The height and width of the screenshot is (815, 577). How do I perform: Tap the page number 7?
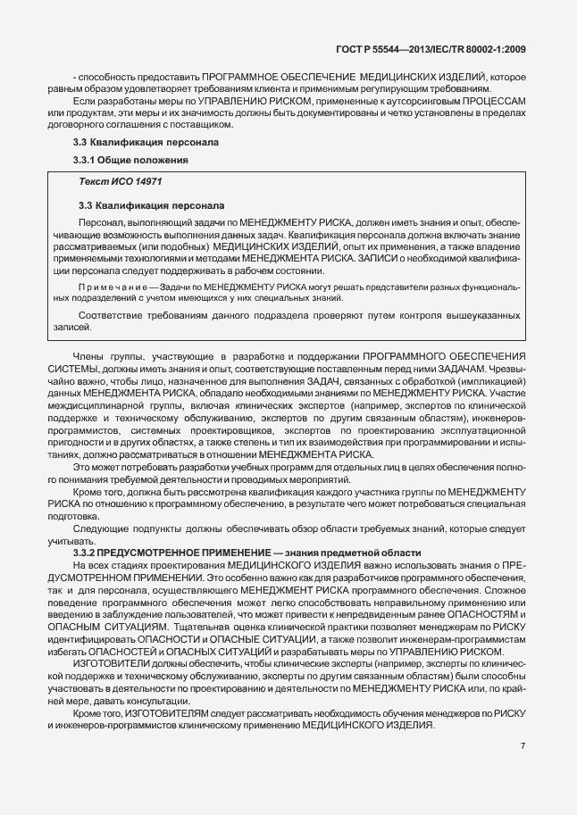click(x=523, y=744)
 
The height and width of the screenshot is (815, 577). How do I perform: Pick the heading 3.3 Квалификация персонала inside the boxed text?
click(x=146, y=205)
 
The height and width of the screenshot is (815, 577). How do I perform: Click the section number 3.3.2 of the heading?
click(x=86, y=553)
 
